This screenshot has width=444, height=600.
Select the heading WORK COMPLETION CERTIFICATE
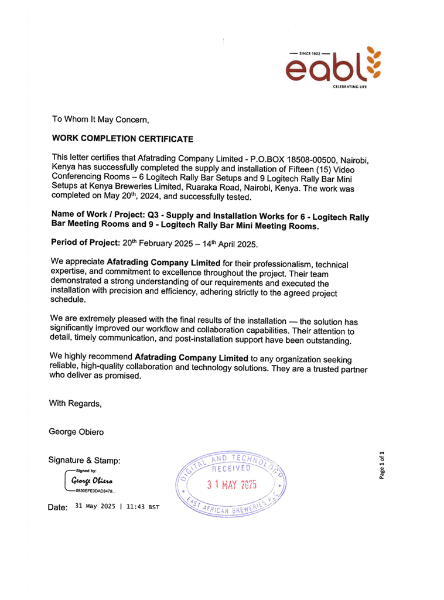(122, 139)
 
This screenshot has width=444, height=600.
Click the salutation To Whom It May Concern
(101, 120)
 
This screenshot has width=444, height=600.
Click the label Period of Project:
(86, 242)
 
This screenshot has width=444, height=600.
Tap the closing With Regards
(75, 403)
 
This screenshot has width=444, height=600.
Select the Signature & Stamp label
(84, 461)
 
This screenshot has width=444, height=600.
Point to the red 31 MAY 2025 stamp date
(232, 485)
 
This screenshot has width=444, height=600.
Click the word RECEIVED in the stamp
(231, 468)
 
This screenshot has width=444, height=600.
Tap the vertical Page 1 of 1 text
(381, 465)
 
